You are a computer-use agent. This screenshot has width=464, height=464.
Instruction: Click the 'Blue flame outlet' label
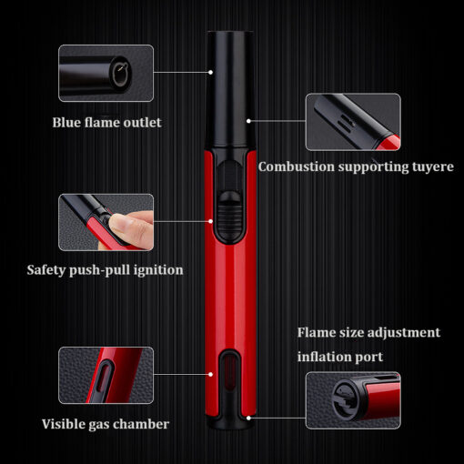click(106, 123)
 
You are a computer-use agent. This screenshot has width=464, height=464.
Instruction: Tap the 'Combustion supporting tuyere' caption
click(356, 166)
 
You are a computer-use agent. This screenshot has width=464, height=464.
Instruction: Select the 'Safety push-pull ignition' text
click(105, 270)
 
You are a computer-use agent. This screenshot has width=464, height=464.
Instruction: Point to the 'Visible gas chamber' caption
click(106, 424)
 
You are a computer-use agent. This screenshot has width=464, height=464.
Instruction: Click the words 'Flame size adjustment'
click(368, 333)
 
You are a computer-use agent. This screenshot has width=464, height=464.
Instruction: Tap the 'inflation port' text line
click(340, 357)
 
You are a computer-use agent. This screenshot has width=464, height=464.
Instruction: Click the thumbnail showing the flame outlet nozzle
click(106, 73)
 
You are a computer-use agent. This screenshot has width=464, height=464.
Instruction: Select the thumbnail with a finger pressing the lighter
click(106, 222)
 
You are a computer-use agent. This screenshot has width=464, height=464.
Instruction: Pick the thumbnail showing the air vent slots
click(353, 122)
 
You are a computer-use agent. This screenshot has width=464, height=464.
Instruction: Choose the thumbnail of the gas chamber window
click(106, 376)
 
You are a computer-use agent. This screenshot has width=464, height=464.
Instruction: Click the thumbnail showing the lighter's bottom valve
click(353, 400)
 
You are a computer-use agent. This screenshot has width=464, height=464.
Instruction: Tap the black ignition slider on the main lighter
click(230, 214)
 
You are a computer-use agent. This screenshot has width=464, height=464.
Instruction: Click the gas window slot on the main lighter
click(230, 376)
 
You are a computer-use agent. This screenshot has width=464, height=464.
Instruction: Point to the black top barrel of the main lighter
click(230, 88)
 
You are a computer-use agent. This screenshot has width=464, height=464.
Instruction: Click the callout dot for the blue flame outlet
click(210, 72)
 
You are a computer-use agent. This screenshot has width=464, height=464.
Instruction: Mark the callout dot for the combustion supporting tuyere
click(248, 121)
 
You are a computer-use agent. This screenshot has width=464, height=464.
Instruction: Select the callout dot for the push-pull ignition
click(210, 221)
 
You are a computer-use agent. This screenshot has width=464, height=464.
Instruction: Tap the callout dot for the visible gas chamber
click(210, 375)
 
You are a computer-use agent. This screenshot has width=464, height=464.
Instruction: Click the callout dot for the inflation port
click(248, 418)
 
